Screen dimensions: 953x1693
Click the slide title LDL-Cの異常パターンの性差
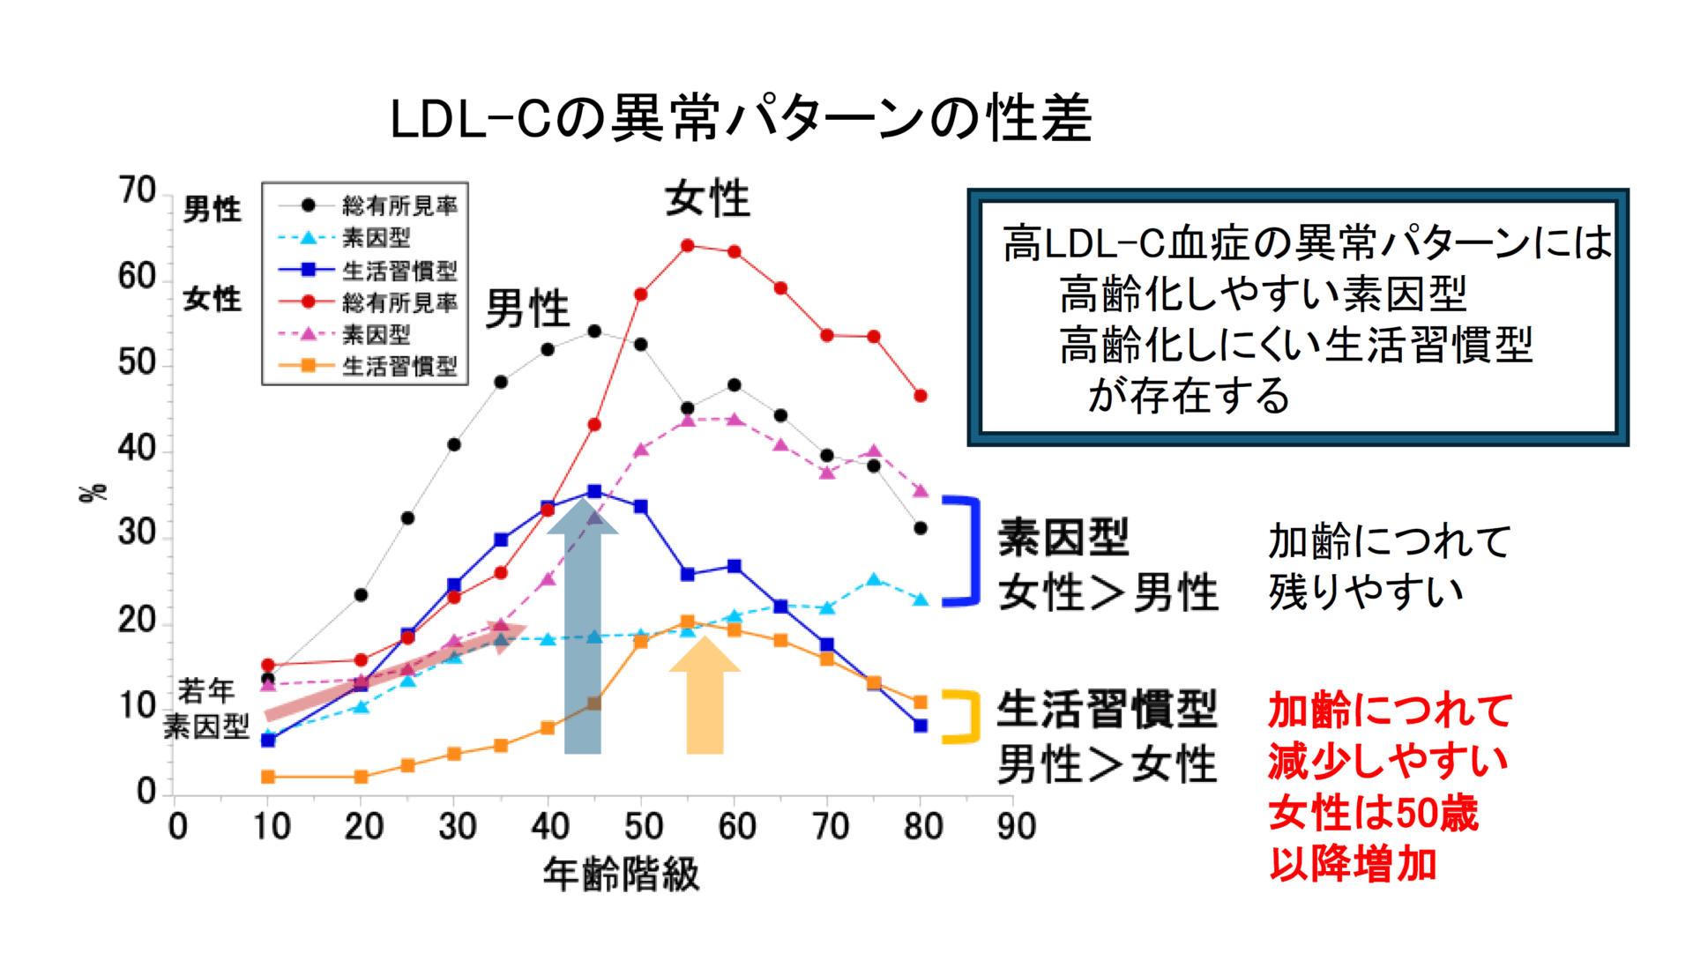pyautogui.click(x=741, y=118)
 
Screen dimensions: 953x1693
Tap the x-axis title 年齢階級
pyautogui.click(x=621, y=875)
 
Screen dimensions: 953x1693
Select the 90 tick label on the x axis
pyautogui.click(x=1016, y=827)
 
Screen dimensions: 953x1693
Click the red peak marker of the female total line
pyautogui.click(x=688, y=246)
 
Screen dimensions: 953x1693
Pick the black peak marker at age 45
pyautogui.click(x=594, y=331)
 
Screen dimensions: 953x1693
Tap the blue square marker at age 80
pyautogui.click(x=921, y=726)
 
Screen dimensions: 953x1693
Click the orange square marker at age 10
pyautogui.click(x=268, y=777)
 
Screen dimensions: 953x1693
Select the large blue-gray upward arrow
pyautogui.click(x=583, y=630)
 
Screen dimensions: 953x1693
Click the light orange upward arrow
pyautogui.click(x=705, y=696)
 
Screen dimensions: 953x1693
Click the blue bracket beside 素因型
pyautogui.click(x=966, y=551)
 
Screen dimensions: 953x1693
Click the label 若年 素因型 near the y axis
pyautogui.click(x=206, y=709)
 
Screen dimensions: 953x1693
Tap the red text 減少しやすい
pyautogui.click(x=1388, y=761)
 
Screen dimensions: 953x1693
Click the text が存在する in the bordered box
pyautogui.click(x=1189, y=396)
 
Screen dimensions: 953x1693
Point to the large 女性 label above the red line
pyautogui.click(x=707, y=198)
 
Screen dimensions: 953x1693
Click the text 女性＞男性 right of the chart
pyautogui.click(x=1108, y=592)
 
